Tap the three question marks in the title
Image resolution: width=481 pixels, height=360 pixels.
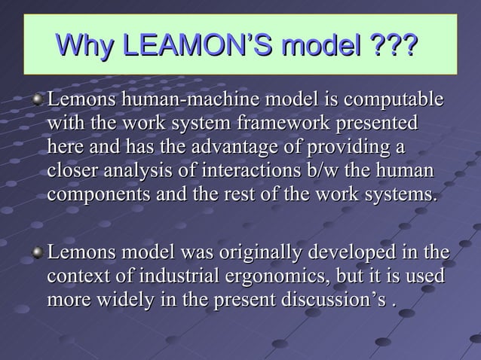(x=393, y=45)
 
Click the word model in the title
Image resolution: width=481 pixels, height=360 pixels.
(x=319, y=45)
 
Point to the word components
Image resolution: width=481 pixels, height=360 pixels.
(x=95, y=193)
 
